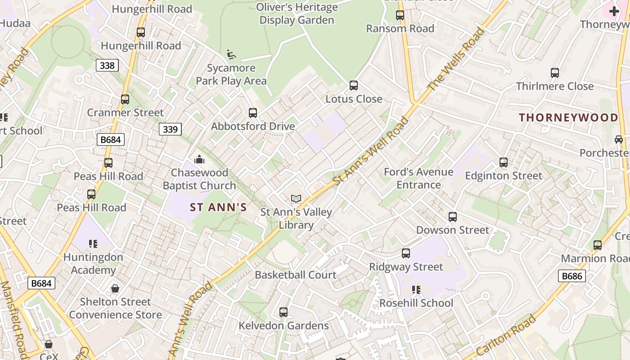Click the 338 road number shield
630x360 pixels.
click(x=107, y=66)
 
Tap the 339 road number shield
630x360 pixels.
click(x=170, y=130)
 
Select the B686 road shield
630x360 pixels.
click(x=572, y=276)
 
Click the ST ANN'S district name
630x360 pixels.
click(x=218, y=207)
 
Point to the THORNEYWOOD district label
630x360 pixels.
click(x=569, y=118)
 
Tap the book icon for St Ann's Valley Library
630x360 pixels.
click(x=296, y=198)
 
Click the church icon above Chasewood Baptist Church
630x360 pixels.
click(x=199, y=159)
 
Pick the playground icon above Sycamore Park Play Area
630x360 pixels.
click(x=231, y=55)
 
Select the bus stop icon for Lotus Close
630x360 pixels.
click(x=354, y=85)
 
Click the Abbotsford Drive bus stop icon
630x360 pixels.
click(x=253, y=113)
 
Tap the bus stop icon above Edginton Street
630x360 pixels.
click(x=504, y=162)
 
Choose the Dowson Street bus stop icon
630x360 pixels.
click(x=453, y=217)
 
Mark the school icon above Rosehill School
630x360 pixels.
click(x=416, y=290)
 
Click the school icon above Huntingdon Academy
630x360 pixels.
click(x=93, y=244)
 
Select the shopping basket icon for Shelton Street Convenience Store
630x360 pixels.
click(x=115, y=288)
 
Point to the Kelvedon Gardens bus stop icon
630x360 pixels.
click(x=283, y=312)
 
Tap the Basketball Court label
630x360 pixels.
click(x=296, y=275)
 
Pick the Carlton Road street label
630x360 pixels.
click(x=506, y=337)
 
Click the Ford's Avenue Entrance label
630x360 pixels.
click(x=418, y=178)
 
